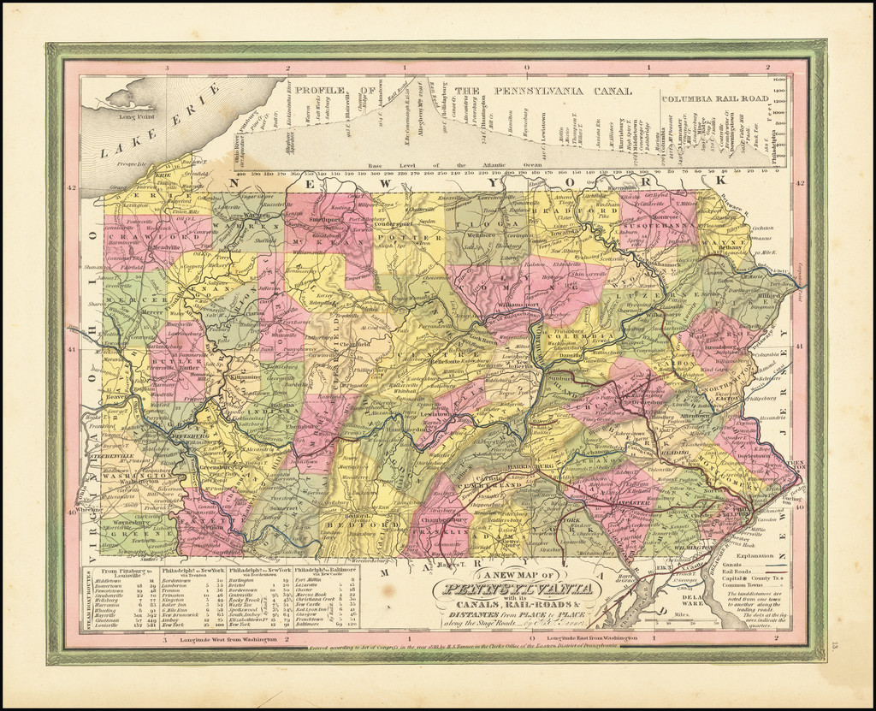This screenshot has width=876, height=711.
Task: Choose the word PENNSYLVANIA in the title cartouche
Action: click(516, 590)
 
